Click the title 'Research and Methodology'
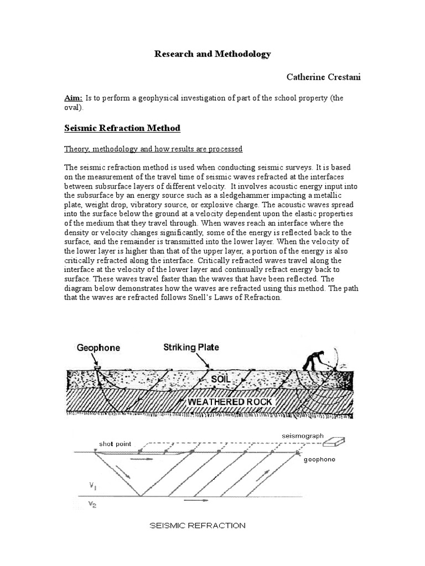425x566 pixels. click(212, 54)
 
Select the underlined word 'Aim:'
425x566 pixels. click(73, 98)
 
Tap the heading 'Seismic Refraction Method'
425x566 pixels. click(122, 128)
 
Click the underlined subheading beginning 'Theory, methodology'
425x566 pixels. click(153, 149)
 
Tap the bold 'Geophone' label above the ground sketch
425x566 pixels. click(98, 348)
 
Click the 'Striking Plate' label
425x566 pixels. click(191, 348)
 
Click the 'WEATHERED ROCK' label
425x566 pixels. click(230, 402)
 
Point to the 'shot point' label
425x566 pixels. click(115, 443)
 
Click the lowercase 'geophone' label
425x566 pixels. click(320, 460)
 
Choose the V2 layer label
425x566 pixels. click(92, 504)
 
